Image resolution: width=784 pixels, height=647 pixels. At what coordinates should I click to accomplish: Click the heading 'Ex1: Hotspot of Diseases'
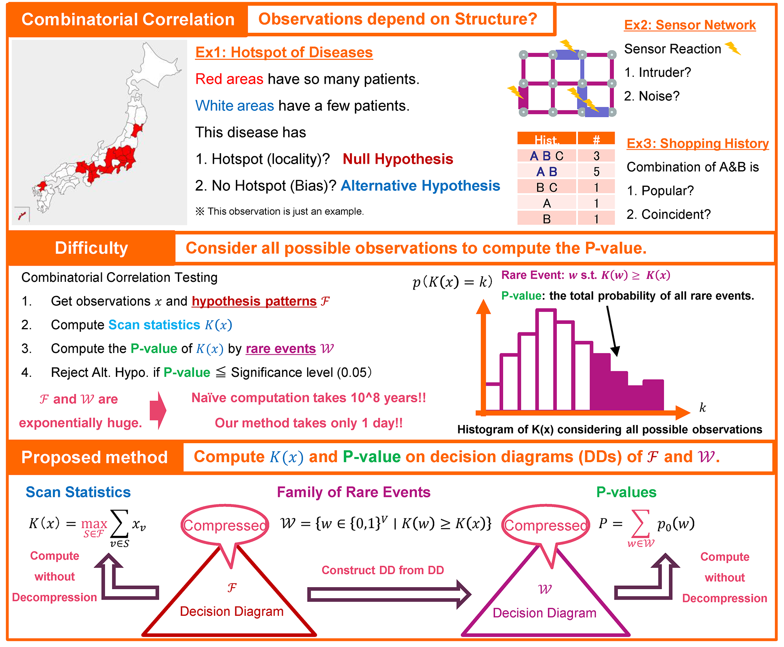284,52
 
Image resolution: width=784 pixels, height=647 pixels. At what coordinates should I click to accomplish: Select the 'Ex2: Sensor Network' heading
690,25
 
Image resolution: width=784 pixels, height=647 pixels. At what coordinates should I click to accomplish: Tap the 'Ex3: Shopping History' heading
698,143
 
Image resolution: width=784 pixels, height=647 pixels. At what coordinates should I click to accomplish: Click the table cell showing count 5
596,171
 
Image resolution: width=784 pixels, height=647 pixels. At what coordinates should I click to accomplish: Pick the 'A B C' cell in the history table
547,156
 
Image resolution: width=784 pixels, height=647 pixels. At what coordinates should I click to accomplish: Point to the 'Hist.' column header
547,139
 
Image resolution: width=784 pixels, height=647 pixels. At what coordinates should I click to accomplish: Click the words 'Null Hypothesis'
398,159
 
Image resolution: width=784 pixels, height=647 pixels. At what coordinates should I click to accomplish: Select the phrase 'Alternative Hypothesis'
420,186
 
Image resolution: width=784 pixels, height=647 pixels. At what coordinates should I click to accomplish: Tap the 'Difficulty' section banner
91,248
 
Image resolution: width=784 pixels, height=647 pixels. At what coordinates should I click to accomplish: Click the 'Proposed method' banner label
95,457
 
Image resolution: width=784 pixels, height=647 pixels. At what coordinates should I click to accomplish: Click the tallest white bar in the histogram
546,360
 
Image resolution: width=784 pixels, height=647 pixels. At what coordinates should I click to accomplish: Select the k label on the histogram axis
703,407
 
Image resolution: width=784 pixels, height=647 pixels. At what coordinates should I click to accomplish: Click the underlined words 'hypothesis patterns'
254,301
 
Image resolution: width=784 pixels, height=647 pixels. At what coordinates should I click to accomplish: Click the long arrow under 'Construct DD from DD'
389,594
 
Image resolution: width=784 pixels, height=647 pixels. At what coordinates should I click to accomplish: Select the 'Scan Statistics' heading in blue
78,492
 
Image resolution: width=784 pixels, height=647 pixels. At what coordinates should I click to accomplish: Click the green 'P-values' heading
626,492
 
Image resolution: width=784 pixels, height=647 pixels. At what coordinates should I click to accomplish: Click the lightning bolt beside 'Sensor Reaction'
733,48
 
